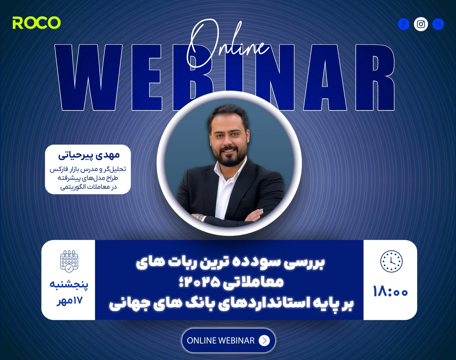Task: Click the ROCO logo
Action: pyautogui.click(x=36, y=23)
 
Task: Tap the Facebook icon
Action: pyautogui.click(x=404, y=24)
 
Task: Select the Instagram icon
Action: pyautogui.click(x=421, y=24)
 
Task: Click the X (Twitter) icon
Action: pyautogui.click(x=438, y=24)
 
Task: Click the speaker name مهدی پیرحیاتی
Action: pyautogui.click(x=89, y=155)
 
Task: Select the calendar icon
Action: pyautogui.click(x=69, y=261)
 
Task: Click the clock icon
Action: pyautogui.click(x=391, y=261)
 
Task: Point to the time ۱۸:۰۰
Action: pyautogui.click(x=390, y=292)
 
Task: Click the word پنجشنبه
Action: pyautogui.click(x=69, y=284)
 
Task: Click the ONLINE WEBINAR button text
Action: pyautogui.click(x=221, y=341)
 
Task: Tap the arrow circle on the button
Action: pyautogui.click(x=264, y=341)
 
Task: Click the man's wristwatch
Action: pyautogui.click(x=198, y=217)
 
